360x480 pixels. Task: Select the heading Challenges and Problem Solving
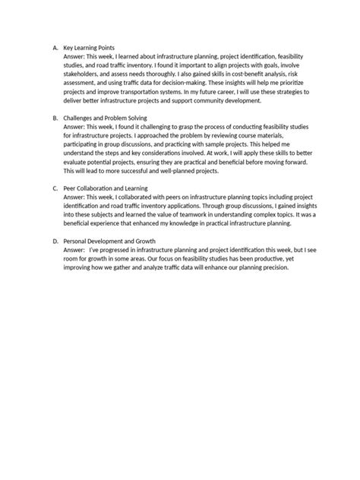[x=106, y=118]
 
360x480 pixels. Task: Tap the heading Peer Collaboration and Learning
[x=106, y=188]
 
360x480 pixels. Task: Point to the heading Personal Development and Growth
[x=109, y=240]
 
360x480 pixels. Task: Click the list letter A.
[x=55, y=48]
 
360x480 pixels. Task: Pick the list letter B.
[x=55, y=118]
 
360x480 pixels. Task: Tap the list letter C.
[x=55, y=188]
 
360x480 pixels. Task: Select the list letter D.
[x=55, y=240]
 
